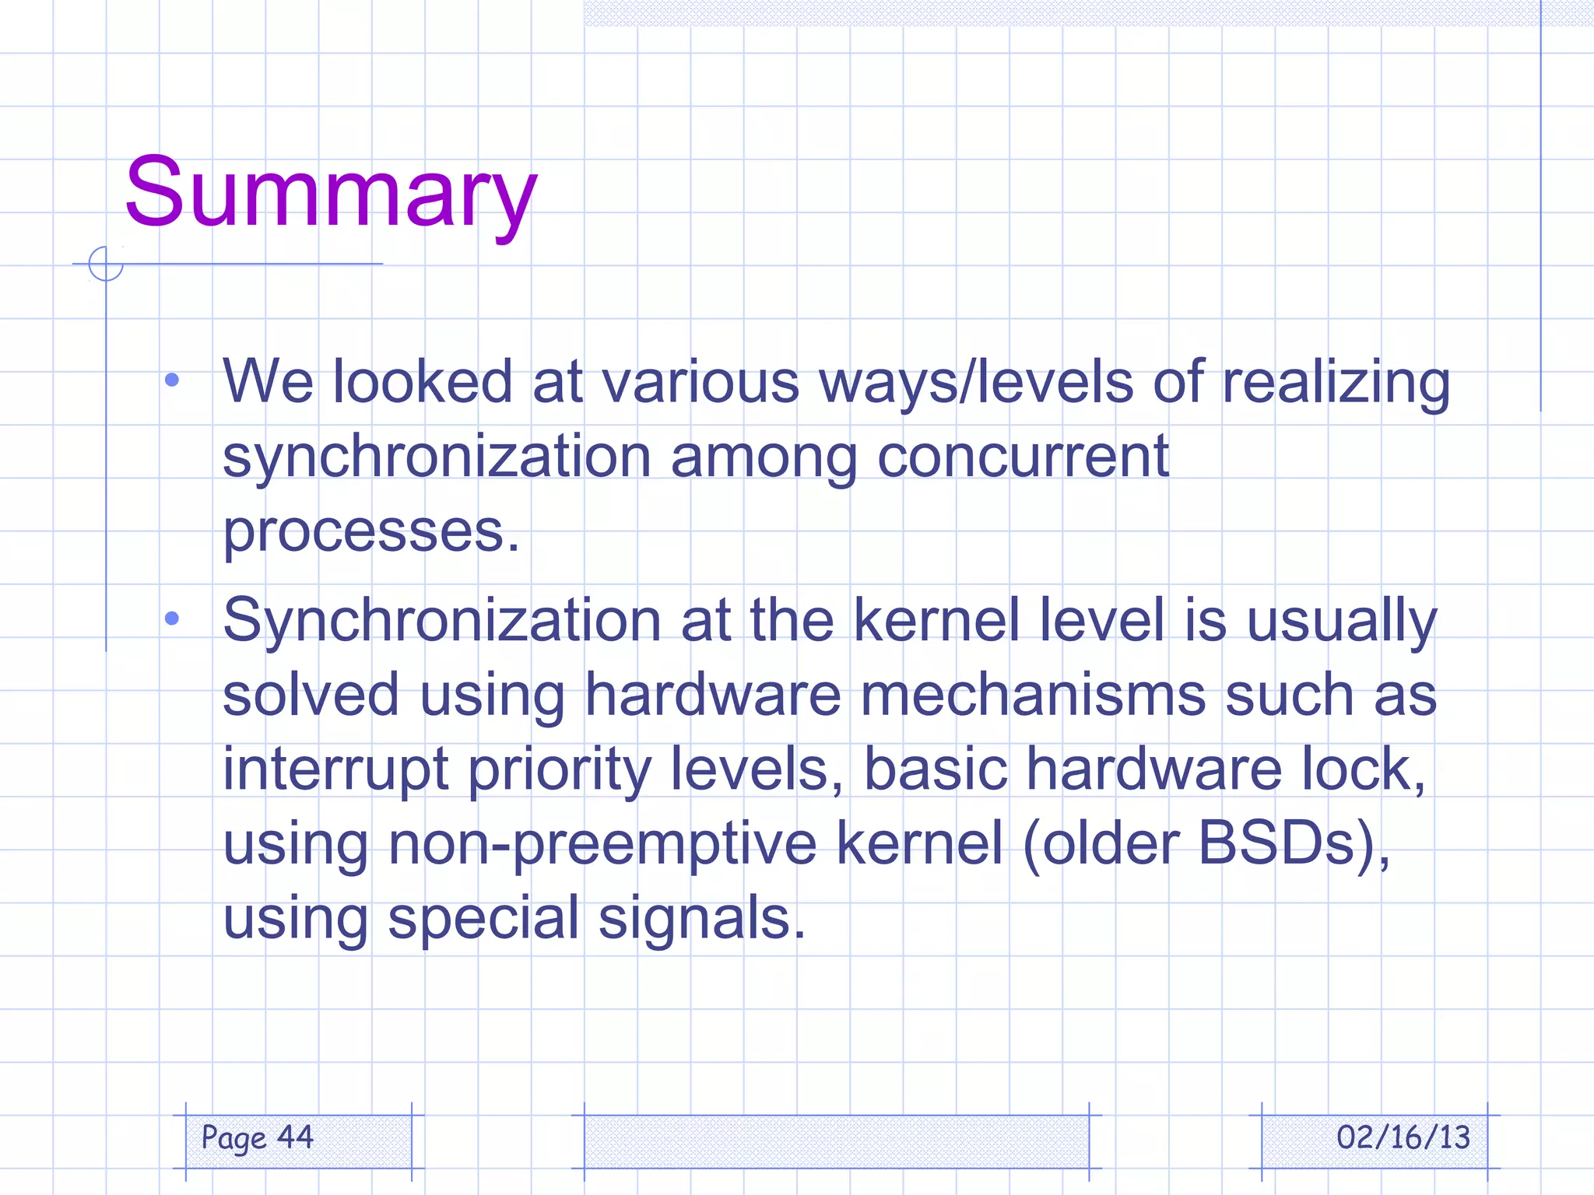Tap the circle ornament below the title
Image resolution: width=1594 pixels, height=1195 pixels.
click(x=106, y=264)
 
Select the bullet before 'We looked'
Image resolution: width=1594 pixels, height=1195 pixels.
click(x=172, y=380)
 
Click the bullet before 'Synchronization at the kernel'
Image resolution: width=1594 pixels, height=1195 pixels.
click(x=172, y=619)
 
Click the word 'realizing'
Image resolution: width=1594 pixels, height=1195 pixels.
click(x=1336, y=383)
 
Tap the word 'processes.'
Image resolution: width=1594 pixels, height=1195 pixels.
click(x=371, y=532)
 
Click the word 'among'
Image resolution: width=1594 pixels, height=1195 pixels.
click(x=764, y=457)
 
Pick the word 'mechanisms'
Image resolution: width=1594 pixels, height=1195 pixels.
click(x=1033, y=694)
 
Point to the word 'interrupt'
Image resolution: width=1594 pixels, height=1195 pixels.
click(x=335, y=769)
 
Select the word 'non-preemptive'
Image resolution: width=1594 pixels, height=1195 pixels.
click(x=602, y=844)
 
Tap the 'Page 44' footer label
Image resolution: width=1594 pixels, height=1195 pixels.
click(x=258, y=1137)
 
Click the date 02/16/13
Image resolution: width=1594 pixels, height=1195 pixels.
click(x=1403, y=1137)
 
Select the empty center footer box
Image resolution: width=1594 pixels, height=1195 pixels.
click(x=836, y=1141)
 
